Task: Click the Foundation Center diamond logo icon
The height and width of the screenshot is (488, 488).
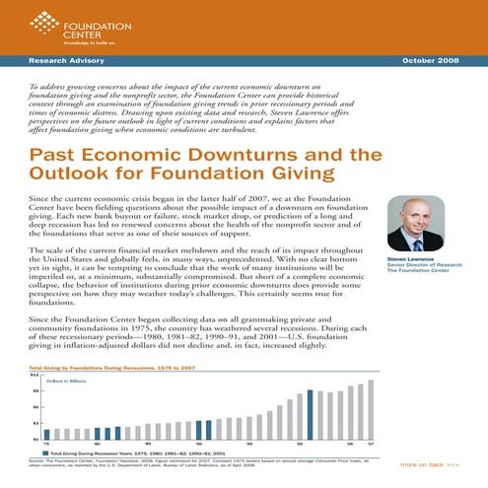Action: pos(38,18)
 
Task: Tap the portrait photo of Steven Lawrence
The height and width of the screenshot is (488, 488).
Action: pos(414,224)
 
